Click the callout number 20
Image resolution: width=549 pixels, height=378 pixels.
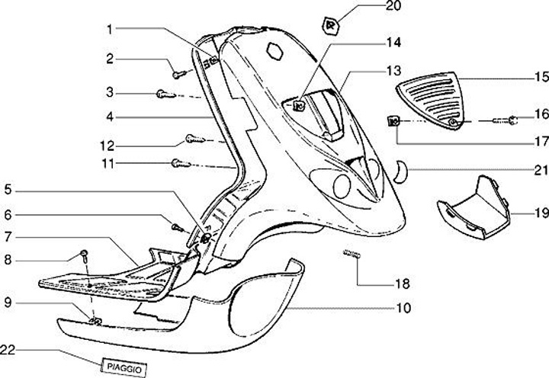[392, 7]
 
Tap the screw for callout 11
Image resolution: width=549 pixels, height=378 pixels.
[178, 162]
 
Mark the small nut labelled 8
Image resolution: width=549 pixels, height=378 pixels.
[85, 254]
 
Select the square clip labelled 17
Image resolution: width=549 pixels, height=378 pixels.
[395, 120]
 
